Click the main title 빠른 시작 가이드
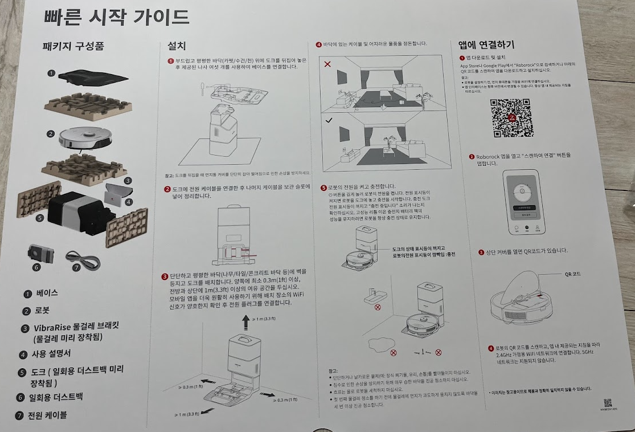click(x=116, y=17)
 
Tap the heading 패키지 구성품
click(x=73, y=46)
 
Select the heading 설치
click(x=177, y=46)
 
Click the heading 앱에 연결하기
click(x=486, y=44)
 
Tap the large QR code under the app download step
click(x=512, y=119)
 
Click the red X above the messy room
click(x=327, y=64)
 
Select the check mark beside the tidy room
click(x=328, y=120)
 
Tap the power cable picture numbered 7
click(x=83, y=261)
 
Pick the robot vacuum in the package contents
click(x=83, y=137)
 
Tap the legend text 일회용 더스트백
click(x=56, y=397)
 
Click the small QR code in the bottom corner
click(x=608, y=402)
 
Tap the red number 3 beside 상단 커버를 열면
click(x=481, y=251)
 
